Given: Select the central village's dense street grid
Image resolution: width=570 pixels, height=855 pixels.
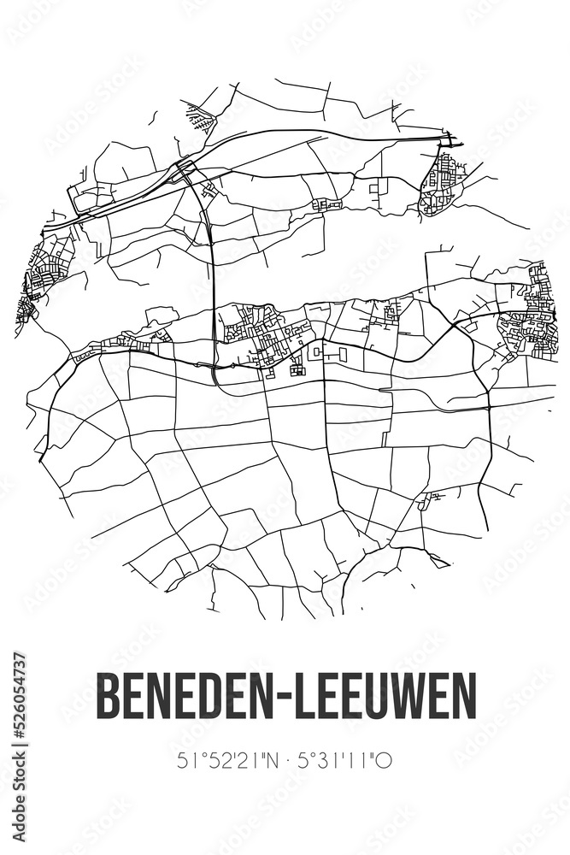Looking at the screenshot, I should click(x=261, y=333).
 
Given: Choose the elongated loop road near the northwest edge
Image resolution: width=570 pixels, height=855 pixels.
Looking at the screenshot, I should click(x=94, y=198).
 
